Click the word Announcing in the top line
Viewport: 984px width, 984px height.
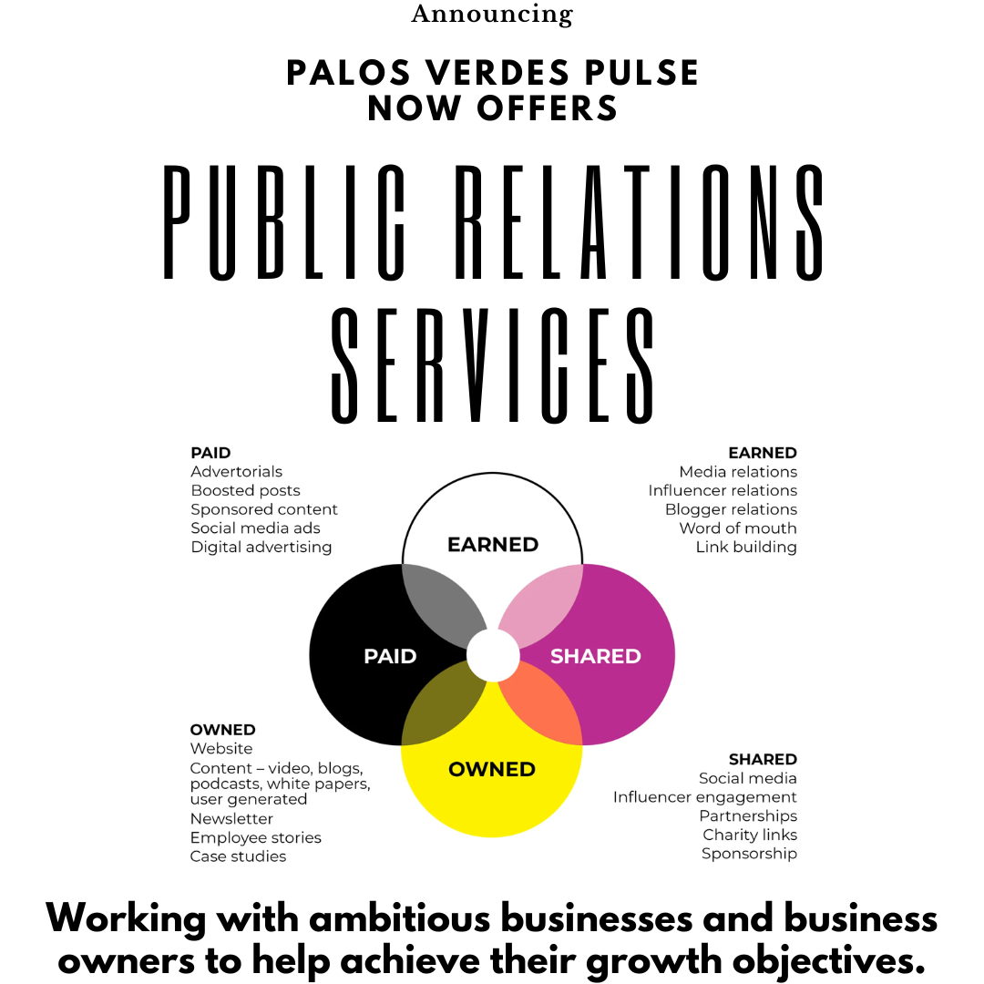tap(492, 15)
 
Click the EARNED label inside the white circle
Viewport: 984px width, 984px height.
tap(493, 545)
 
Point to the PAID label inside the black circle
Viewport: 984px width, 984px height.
tap(390, 656)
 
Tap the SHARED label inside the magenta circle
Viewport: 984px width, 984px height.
tap(595, 656)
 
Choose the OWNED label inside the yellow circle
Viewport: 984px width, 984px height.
tap(492, 770)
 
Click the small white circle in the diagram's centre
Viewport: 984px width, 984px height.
tap(493, 655)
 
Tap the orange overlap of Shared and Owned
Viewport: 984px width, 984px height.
tap(545, 707)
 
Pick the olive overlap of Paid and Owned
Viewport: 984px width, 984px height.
tap(440, 707)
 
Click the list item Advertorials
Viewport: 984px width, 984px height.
tap(237, 472)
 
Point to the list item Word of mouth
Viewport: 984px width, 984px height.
tap(738, 528)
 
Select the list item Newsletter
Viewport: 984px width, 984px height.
tap(231, 819)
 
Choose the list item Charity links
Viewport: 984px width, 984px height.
tap(750, 835)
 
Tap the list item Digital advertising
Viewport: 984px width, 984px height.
tap(261, 548)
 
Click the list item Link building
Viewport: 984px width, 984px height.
tap(746, 548)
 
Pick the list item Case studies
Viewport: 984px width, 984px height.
tap(238, 857)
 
